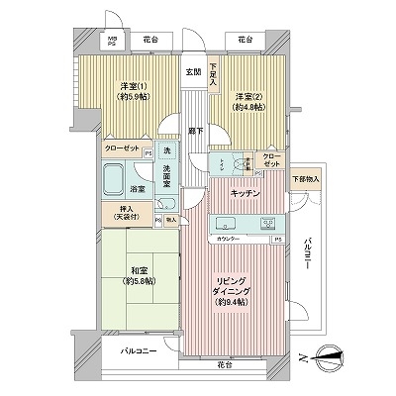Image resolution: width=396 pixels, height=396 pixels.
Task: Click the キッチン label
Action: pos(247,193)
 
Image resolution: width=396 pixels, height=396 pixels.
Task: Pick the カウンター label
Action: pos(231,240)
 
